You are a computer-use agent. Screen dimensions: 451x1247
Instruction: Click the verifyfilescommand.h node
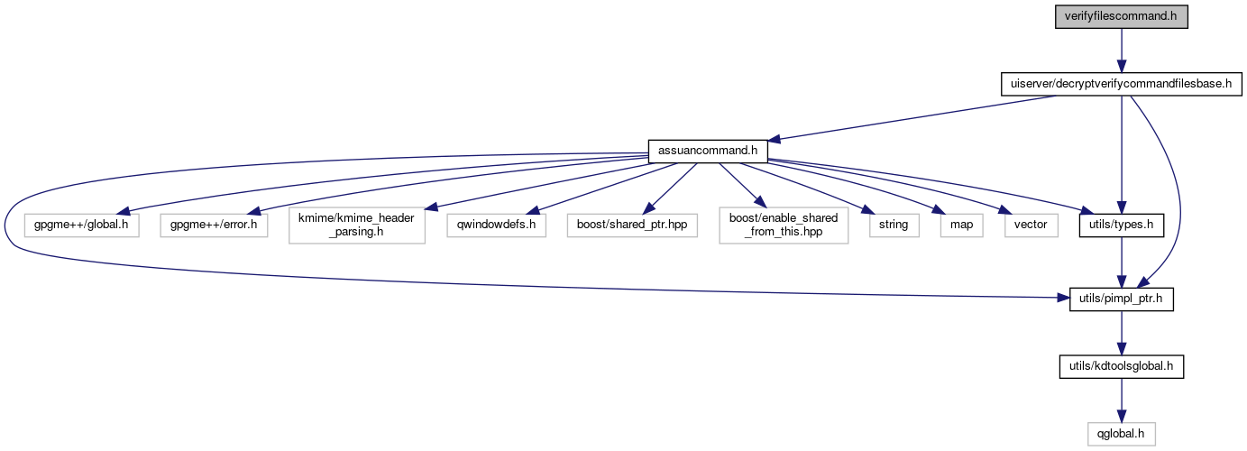(x=1121, y=17)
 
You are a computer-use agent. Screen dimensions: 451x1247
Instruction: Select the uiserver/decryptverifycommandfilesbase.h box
(x=1121, y=85)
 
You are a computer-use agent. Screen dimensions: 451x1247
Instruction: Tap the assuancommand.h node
(x=708, y=152)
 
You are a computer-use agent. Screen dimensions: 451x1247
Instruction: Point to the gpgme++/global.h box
(x=82, y=224)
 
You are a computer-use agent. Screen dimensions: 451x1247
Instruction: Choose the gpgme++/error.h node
(x=215, y=224)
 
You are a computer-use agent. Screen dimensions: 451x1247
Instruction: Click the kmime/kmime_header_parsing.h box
(x=356, y=224)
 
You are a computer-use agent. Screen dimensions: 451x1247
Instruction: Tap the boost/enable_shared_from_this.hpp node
(x=784, y=224)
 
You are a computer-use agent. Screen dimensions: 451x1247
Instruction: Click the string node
(x=889, y=224)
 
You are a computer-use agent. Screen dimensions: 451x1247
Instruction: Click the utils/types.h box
(x=1121, y=224)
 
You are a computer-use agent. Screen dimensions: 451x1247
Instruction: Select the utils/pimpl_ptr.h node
(x=1121, y=299)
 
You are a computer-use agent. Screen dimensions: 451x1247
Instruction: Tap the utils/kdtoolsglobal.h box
(x=1121, y=366)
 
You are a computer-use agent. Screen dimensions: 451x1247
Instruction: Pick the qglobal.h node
(x=1121, y=434)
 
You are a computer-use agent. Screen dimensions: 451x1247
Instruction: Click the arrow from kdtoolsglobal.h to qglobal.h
(x=1121, y=400)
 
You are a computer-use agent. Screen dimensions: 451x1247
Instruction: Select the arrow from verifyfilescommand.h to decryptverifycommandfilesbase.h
(x=1121, y=51)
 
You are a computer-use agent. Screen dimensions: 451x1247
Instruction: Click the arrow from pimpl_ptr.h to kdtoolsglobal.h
(x=1121, y=332)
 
